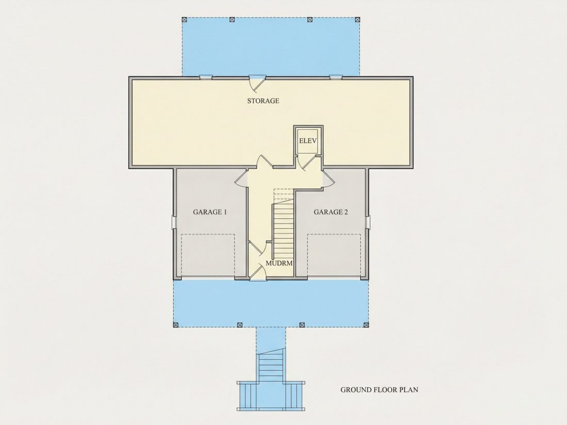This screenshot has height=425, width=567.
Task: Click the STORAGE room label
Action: pyautogui.click(x=263, y=101)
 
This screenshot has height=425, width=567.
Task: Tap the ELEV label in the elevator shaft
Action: pyautogui.click(x=308, y=141)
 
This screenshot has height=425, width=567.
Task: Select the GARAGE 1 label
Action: pyautogui.click(x=210, y=212)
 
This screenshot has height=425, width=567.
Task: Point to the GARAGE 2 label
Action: pyautogui.click(x=330, y=212)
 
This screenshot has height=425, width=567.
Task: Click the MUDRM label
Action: pyautogui.click(x=279, y=263)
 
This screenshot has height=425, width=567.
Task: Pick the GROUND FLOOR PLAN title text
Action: pyautogui.click(x=379, y=389)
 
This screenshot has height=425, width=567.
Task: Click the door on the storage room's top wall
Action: pyautogui.click(x=257, y=83)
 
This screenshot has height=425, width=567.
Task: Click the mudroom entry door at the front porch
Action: pyautogui.click(x=257, y=272)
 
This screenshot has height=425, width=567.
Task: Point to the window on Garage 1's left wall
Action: pyautogui.click(x=174, y=222)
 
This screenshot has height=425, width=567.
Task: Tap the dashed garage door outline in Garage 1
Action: pyautogui.click(x=208, y=256)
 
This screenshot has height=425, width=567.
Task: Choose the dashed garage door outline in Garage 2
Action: pyautogui.click(x=334, y=256)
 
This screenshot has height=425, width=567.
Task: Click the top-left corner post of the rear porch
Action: pyautogui.click(x=184, y=19)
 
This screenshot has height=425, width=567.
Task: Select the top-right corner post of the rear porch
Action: pyautogui.click(x=357, y=19)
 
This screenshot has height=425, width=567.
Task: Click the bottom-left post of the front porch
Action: pyautogui.click(x=176, y=325)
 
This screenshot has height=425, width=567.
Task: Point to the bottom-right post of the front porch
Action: pyautogui.click(x=366, y=325)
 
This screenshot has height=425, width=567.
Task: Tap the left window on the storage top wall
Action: pyautogui.click(x=206, y=77)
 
